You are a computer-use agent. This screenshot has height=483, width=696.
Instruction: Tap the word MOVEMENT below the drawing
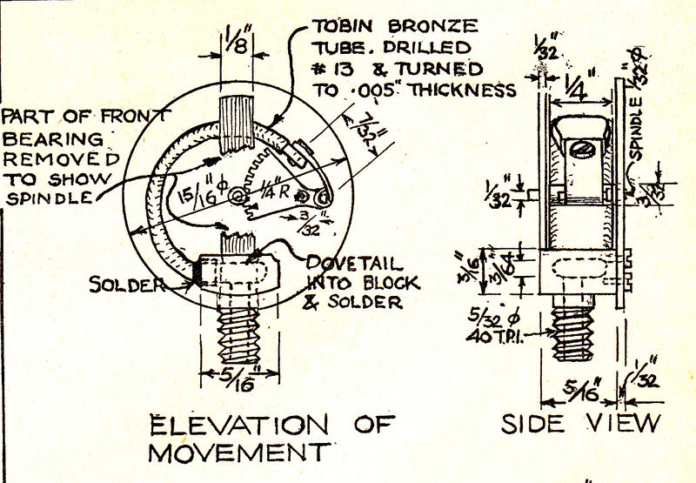[x=239, y=453]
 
